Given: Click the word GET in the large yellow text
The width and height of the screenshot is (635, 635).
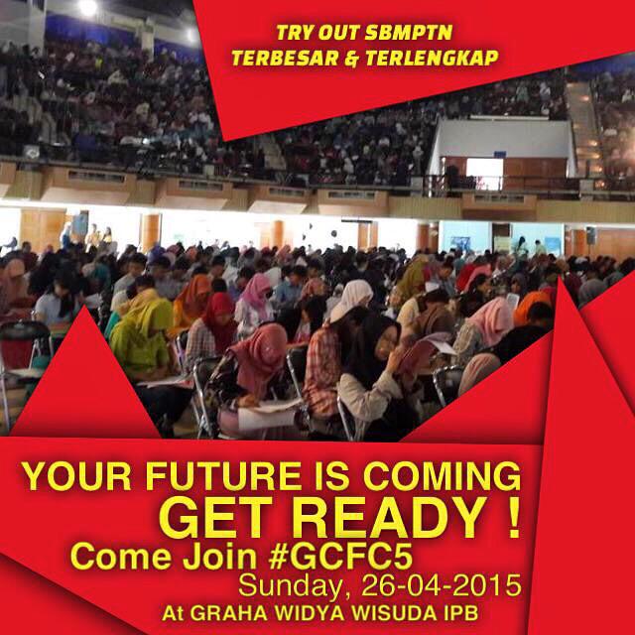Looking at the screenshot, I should (x=221, y=517).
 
